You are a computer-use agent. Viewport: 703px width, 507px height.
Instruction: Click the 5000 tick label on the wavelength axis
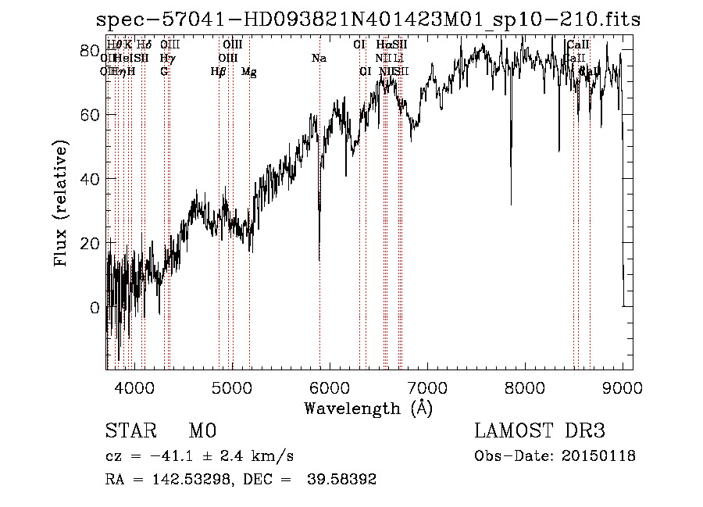point(232,387)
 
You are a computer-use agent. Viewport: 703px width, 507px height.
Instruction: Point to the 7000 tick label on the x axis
point(427,387)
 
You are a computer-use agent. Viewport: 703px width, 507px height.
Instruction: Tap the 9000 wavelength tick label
point(623,387)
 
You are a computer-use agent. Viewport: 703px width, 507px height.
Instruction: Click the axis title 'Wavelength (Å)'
point(369,408)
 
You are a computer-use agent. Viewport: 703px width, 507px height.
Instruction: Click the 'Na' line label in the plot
point(319,59)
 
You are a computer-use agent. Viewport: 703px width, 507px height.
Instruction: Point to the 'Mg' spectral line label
point(249,72)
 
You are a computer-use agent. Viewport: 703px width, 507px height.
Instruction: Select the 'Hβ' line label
point(219,72)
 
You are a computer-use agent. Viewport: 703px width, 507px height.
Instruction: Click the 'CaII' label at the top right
point(579,45)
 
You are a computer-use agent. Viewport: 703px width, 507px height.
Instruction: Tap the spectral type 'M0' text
point(202,431)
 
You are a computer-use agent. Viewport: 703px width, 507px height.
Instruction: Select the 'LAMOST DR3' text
point(540,431)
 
